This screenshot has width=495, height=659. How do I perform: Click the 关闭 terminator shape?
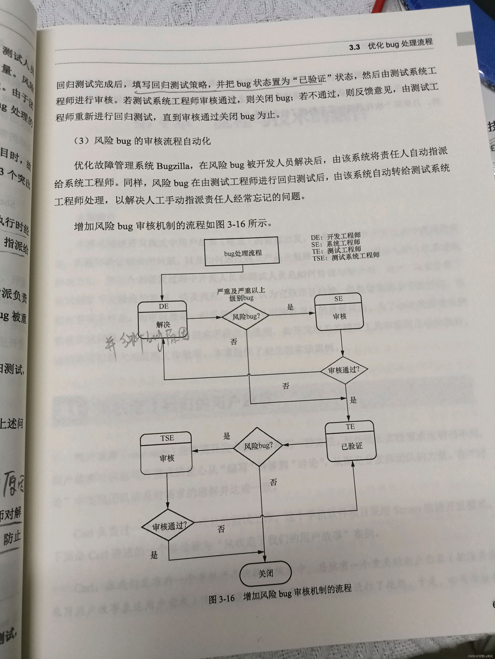(265, 573)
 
